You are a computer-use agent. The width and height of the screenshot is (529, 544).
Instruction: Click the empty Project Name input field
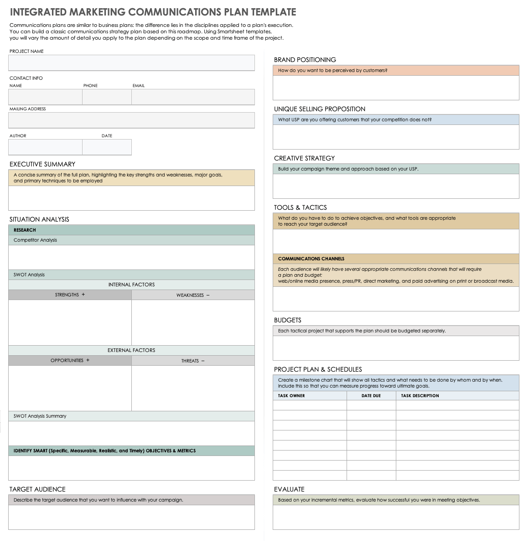131,63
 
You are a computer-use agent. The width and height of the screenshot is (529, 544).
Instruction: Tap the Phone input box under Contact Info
107,97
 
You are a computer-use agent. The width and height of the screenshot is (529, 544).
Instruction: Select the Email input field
193,97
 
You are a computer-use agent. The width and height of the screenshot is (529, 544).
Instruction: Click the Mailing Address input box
131,120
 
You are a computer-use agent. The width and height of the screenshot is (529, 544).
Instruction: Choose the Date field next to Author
107,147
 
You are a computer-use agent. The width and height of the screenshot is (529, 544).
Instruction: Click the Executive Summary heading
42,164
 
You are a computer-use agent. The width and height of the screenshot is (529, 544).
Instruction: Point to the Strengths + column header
70,295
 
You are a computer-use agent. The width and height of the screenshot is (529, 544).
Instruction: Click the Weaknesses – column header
193,295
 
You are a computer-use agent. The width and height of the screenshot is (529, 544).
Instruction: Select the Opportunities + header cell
70,361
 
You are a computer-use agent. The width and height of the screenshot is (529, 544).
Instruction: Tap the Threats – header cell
193,361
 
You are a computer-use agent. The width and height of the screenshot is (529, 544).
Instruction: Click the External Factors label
131,350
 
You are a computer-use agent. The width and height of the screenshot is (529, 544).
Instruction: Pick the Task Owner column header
291,396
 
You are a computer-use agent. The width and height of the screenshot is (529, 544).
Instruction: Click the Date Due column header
371,396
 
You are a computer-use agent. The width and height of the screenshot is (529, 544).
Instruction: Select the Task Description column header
420,396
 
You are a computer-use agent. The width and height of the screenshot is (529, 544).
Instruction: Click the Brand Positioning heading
305,60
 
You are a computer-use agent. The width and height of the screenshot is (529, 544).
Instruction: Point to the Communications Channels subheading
311,259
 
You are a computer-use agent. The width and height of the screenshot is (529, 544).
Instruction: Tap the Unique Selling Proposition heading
319,109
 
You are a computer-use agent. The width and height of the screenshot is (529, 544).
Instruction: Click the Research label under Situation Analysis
25,230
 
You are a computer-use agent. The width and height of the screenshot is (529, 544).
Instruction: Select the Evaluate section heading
289,489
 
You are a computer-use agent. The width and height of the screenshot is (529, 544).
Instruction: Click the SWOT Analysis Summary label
40,416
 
